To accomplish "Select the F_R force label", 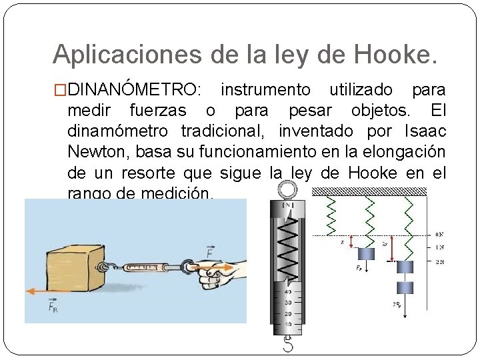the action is click(x=54, y=307).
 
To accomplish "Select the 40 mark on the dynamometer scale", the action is click(x=287, y=291).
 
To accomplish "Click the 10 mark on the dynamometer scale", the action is click(x=287, y=324).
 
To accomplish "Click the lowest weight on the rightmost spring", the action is click(x=407, y=288).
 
